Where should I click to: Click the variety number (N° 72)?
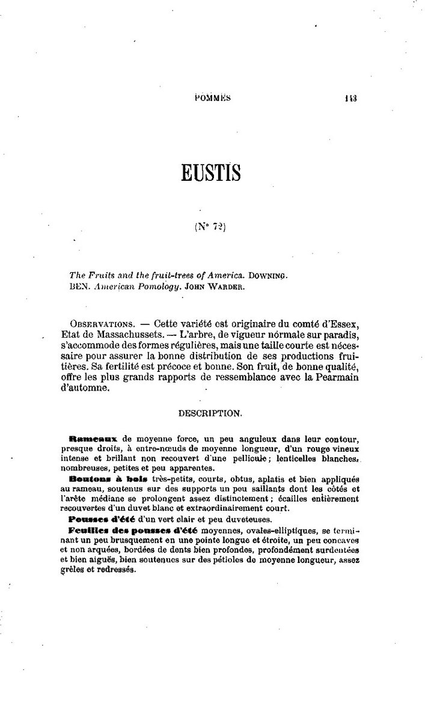click(210, 227)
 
